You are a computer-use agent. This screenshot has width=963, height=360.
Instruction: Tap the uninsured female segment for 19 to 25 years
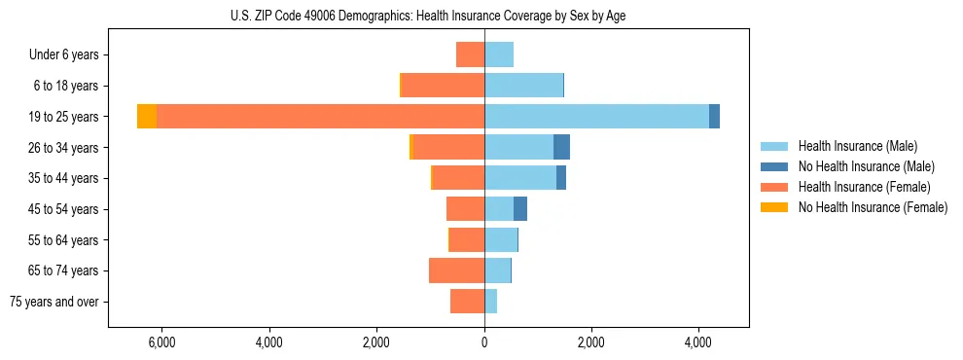pos(147,117)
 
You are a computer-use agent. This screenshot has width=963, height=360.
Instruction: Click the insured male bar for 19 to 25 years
pos(596,117)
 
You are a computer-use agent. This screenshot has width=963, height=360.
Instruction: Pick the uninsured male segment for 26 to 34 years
pos(561,147)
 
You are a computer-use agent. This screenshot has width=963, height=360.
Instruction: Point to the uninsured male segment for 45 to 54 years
pos(520,208)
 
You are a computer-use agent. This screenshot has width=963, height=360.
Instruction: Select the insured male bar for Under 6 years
pos(499,54)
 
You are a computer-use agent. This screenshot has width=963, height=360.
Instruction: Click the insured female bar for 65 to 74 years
pos(456,270)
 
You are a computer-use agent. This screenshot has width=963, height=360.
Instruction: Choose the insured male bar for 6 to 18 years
pos(523,86)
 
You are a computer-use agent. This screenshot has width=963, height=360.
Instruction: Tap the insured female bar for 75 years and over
pos(467,302)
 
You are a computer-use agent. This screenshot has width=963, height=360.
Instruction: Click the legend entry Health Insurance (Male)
pos(857,146)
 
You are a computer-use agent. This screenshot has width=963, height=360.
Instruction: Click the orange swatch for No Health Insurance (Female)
pos(774,207)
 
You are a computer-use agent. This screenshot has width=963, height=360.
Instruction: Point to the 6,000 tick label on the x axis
pos(161,342)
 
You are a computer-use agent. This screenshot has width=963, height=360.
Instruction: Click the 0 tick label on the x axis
pos(484,342)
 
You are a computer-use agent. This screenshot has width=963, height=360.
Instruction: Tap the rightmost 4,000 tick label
pos(698,342)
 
